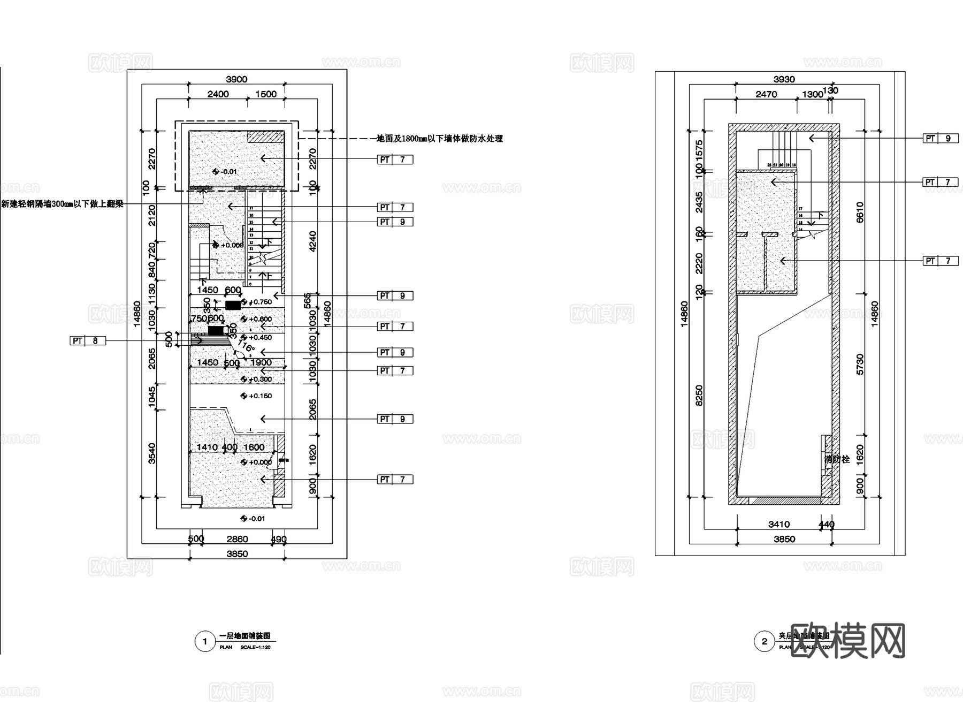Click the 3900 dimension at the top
click(x=236, y=79)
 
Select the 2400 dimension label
click(x=218, y=94)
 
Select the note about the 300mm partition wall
click(x=62, y=204)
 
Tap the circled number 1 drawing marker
click(x=204, y=641)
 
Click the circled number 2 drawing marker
click(x=764, y=641)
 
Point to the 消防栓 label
click(x=837, y=459)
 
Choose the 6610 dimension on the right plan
click(x=860, y=212)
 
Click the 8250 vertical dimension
click(x=699, y=396)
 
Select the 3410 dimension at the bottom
click(x=778, y=525)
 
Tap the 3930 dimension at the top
click(x=784, y=79)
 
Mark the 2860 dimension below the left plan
click(x=237, y=539)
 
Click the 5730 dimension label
click(x=860, y=364)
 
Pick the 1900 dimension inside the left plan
click(x=261, y=362)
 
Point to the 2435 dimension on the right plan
click(x=699, y=202)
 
